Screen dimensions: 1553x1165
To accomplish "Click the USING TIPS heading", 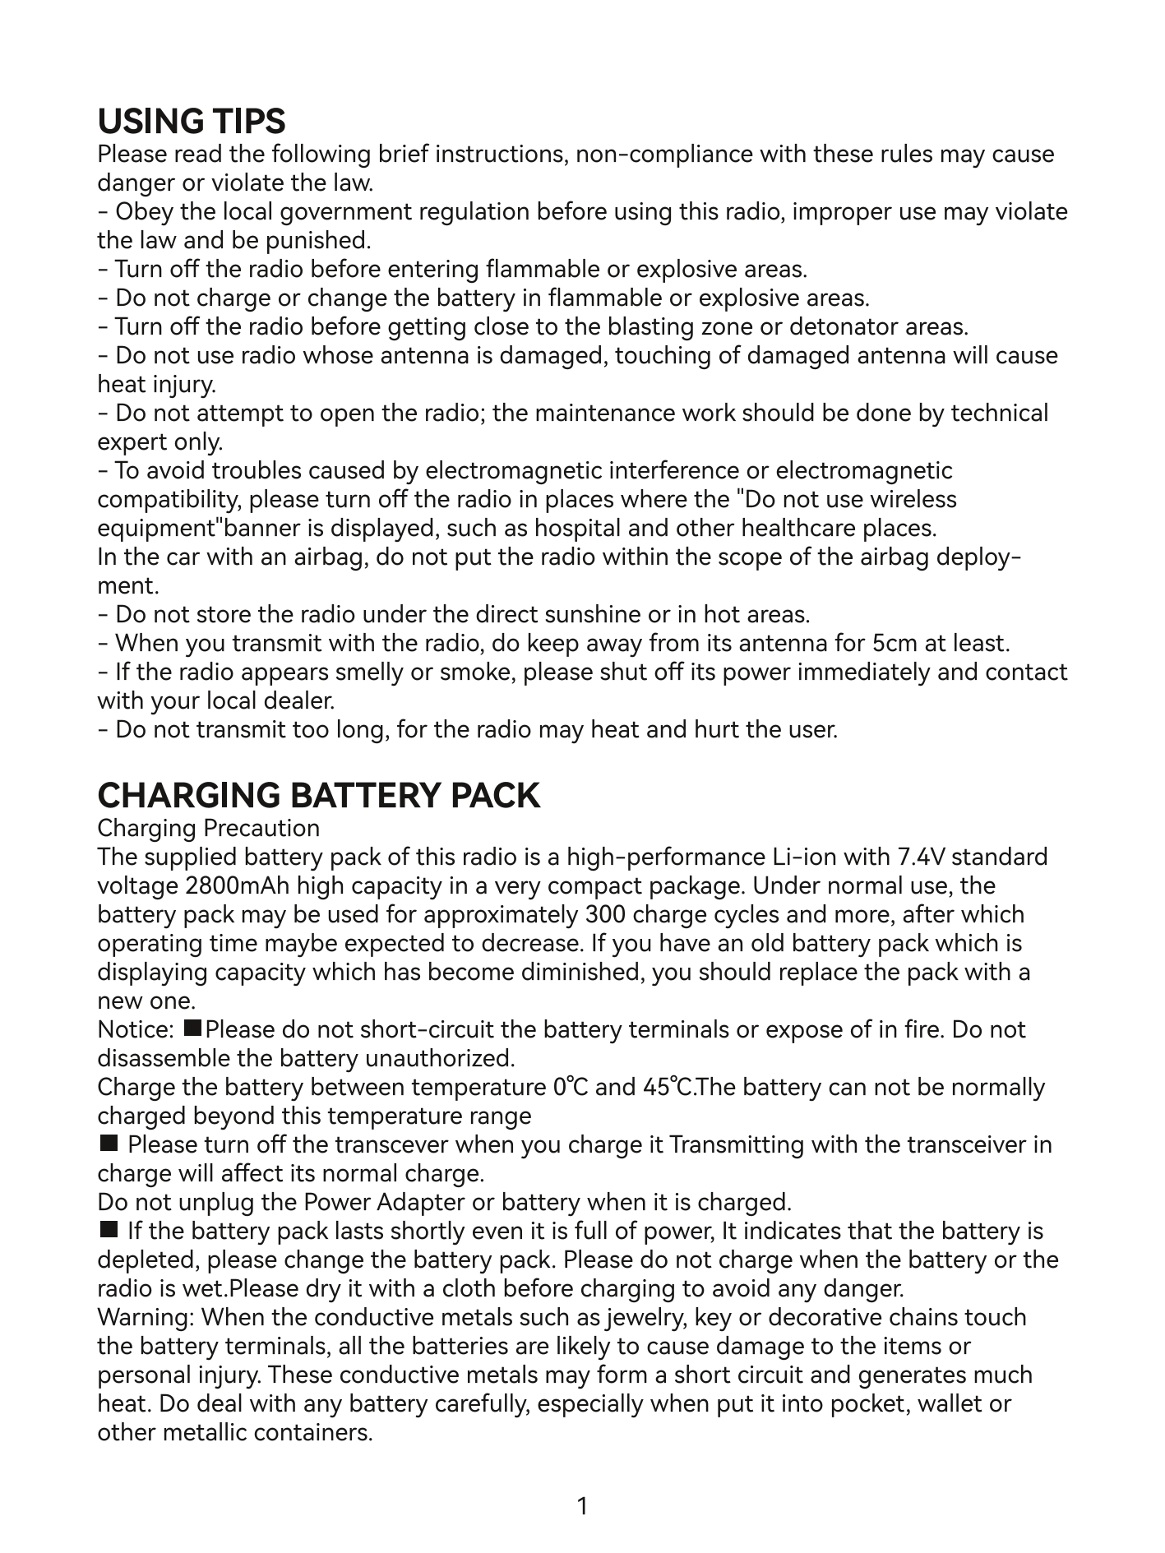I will tap(192, 122).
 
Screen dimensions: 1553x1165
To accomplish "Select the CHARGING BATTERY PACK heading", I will tap(319, 795).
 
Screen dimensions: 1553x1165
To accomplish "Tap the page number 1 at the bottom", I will tap(583, 1506).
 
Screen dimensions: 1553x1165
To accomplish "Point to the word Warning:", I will tap(146, 1318).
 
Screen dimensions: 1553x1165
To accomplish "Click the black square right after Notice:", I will tap(194, 1028).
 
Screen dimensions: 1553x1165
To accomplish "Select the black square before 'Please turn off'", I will tap(108, 1144).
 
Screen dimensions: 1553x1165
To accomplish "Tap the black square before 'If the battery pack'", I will tap(108, 1230).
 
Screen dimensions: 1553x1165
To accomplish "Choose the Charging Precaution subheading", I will tap(209, 828).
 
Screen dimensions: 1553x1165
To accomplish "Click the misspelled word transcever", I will tap(387, 1145).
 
